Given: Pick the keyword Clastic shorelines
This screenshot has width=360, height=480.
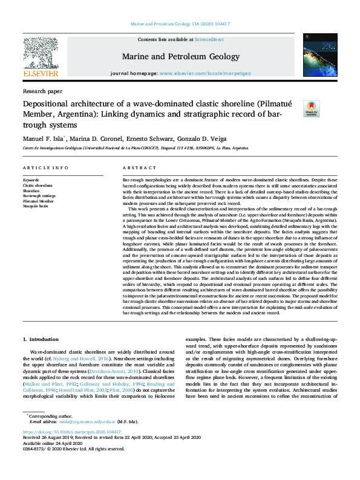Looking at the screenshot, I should coord(38,186).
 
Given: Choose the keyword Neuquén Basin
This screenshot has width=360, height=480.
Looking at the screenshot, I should coord(36,205).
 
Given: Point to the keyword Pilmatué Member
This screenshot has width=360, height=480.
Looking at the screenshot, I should coord(38,200).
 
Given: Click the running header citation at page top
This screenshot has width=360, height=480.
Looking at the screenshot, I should coord(180,24).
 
